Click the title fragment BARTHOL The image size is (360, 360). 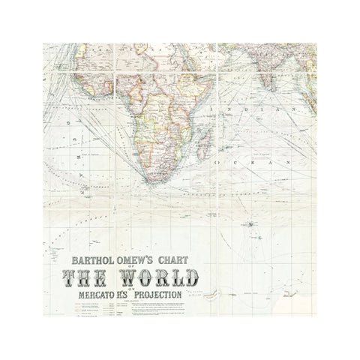(93, 262)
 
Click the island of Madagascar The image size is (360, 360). (203, 139)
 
